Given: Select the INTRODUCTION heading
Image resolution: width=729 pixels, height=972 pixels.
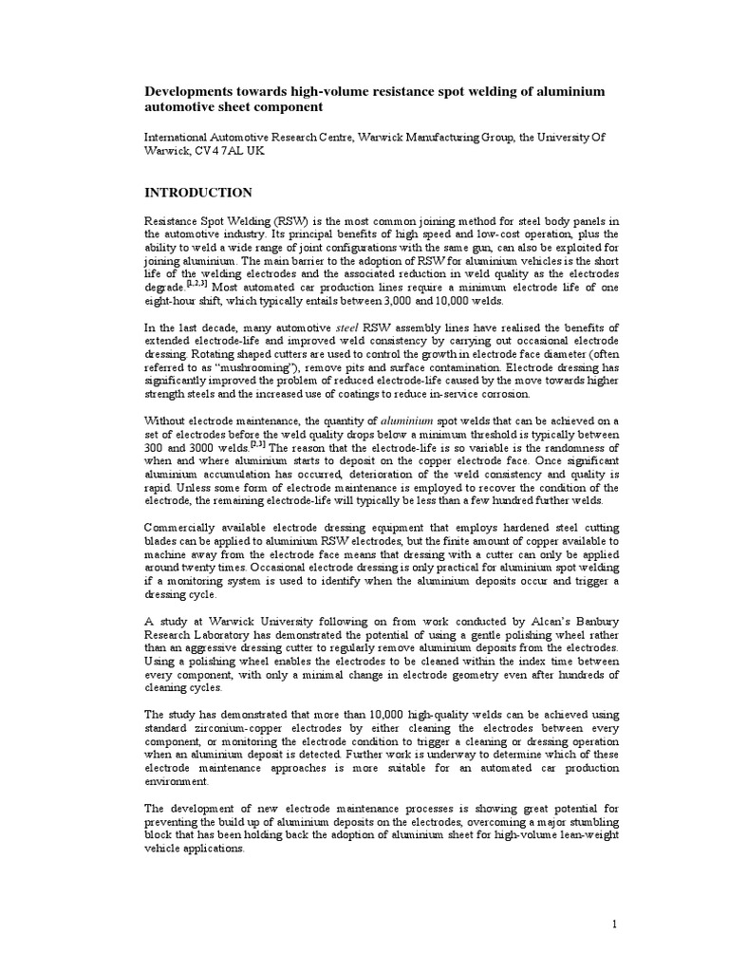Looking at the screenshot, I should click(197, 193).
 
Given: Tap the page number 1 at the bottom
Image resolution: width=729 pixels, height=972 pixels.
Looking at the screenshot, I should click(615, 924).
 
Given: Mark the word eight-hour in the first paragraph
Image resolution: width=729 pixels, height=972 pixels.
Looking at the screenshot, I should click(175, 297).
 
